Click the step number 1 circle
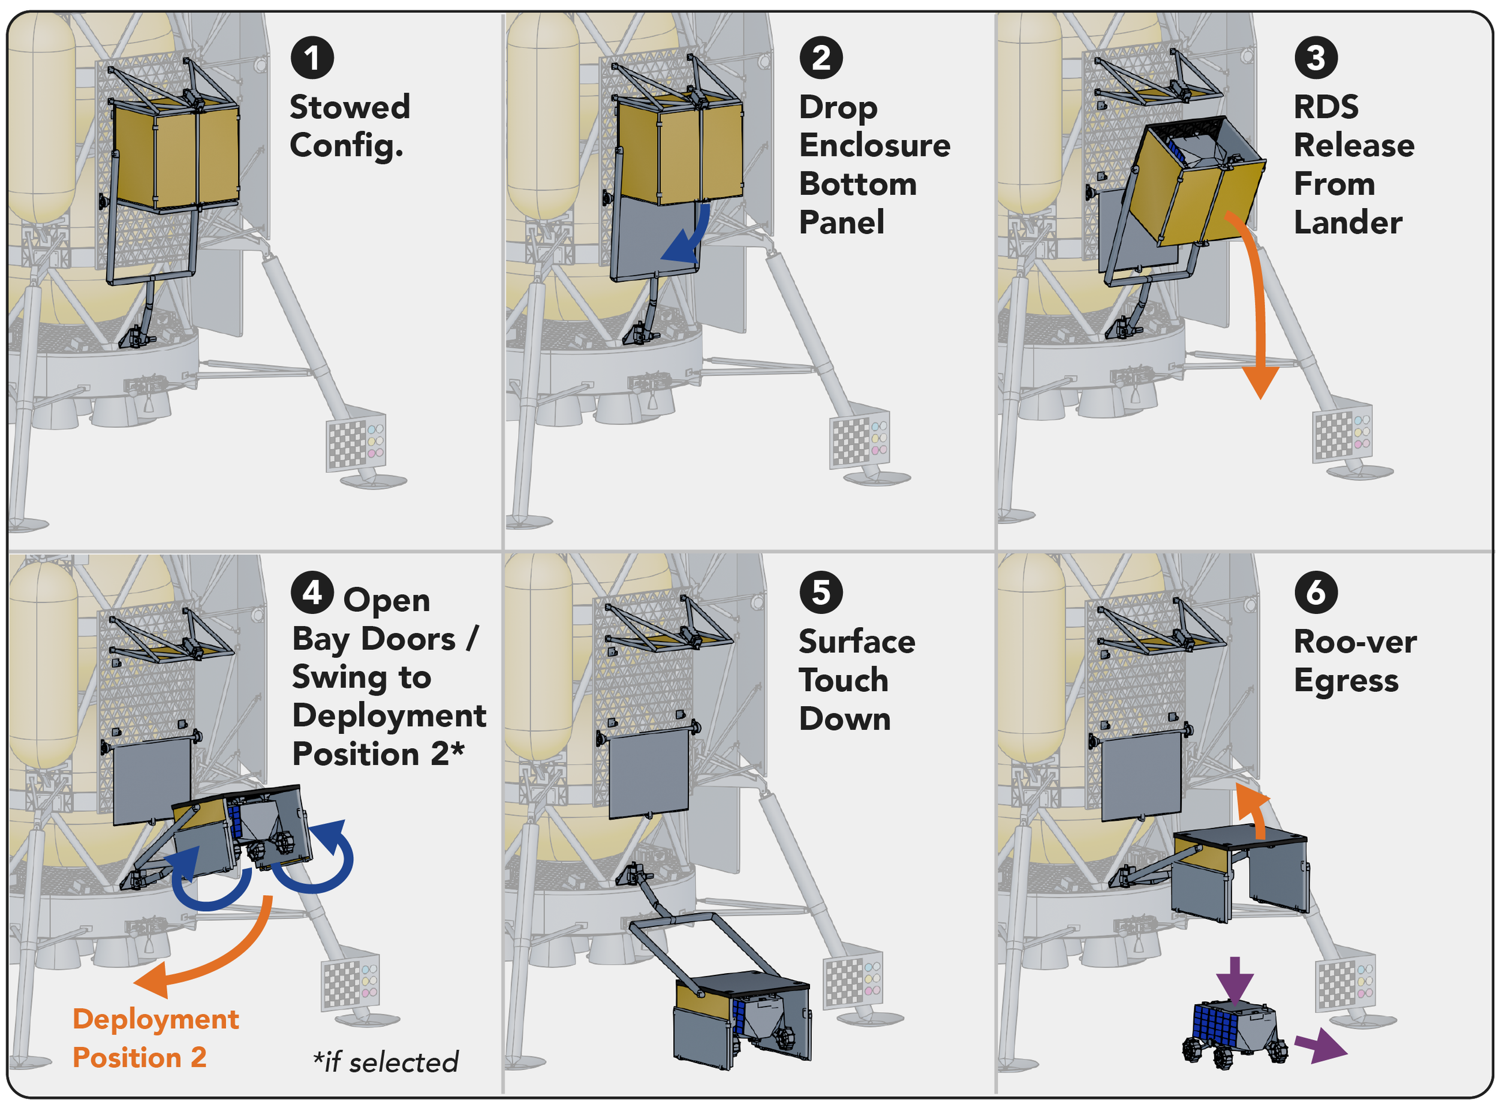312,58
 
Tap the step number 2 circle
821,58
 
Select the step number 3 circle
1316,58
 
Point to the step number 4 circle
312,592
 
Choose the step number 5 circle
821,592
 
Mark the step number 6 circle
1316,592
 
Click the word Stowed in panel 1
350,107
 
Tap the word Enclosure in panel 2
875,146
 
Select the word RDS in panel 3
1326,107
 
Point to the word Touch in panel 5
844,680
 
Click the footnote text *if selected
386,1062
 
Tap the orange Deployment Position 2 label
156,1038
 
